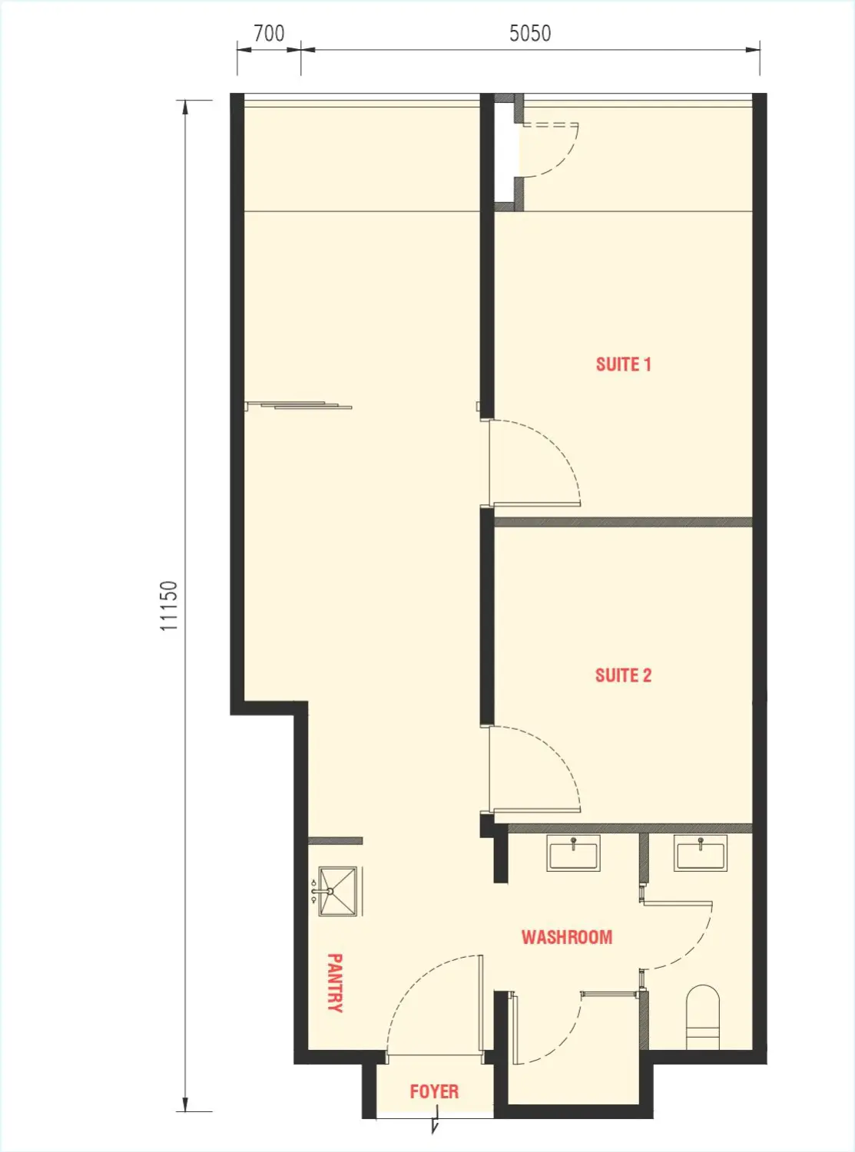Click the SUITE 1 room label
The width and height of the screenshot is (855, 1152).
point(623,365)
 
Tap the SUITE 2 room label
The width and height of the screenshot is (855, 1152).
point(623,675)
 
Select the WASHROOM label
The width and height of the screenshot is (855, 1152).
point(567,937)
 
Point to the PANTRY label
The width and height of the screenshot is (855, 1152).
point(335,982)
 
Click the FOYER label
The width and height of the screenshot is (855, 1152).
point(434,1091)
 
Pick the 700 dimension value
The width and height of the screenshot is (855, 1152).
point(269,34)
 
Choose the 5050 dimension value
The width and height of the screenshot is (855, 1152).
point(530,34)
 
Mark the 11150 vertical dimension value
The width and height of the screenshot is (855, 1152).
point(169,606)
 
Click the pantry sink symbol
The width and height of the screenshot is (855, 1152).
point(338,891)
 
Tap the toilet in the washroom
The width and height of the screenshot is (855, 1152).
point(702,1018)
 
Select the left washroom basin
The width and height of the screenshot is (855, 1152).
point(574,853)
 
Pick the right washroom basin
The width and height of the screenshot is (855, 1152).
point(700,853)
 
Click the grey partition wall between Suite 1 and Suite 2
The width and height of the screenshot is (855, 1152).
point(622,522)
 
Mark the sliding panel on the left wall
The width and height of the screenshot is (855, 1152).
point(300,404)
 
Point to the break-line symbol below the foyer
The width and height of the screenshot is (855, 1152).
point(436,1126)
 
